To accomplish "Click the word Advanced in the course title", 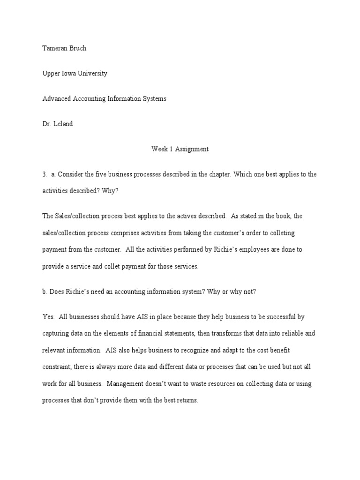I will point(56,98).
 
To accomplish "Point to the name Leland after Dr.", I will point(63,124).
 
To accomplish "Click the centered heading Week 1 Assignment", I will point(180,149).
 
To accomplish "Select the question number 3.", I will point(44,174).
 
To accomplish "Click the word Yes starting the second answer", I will point(48,317).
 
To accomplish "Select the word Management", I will point(125,384).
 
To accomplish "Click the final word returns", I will point(188,401).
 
